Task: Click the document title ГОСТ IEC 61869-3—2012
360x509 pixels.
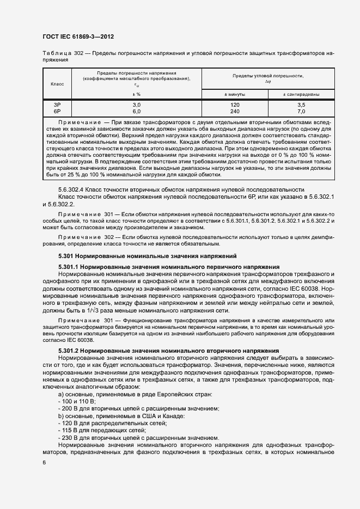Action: pyautogui.click(x=77, y=37)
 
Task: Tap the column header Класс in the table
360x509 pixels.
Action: pyautogui.click(x=57, y=83)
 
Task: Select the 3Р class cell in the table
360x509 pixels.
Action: pyautogui.click(x=57, y=104)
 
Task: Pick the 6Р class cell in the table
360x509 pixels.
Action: pyautogui.click(x=57, y=111)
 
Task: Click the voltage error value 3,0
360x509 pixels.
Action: pyautogui.click(x=137, y=104)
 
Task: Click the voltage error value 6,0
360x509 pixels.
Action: pyautogui.click(x=137, y=111)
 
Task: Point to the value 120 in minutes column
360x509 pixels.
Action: pyautogui.click(x=235, y=104)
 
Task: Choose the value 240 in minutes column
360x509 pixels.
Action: pyautogui.click(x=235, y=111)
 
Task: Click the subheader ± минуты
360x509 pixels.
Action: pyautogui.click(x=235, y=94)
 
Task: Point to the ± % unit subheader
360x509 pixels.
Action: pyautogui.click(x=137, y=94)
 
